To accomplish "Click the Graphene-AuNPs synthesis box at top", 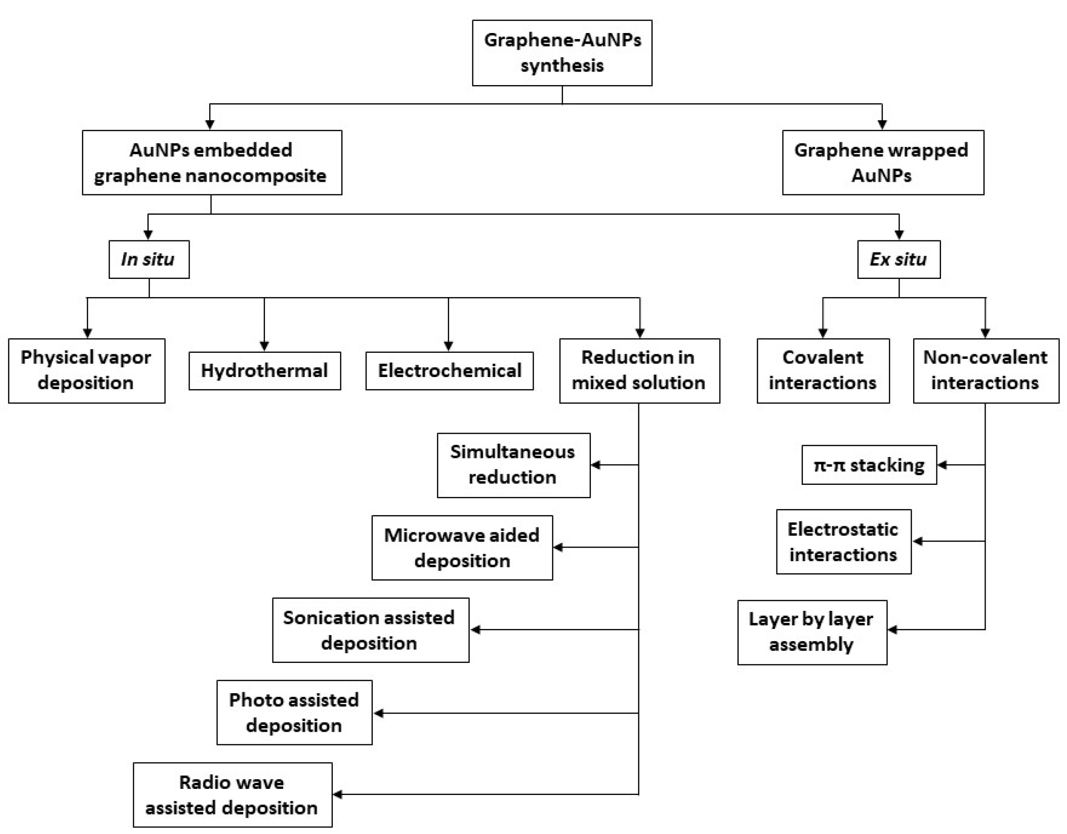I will pyautogui.click(x=562, y=53).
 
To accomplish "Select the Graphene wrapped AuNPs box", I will pyautogui.click(x=883, y=162).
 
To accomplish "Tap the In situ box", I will pyautogui.click(x=149, y=259).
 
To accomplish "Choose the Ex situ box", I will pyautogui.click(x=898, y=259).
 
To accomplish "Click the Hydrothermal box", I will pyautogui.click(x=264, y=371).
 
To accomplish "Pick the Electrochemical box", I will pyautogui.click(x=449, y=371).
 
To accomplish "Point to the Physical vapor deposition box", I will pyautogui.click(x=86, y=371).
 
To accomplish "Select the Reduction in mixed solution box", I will pyautogui.click(x=639, y=371).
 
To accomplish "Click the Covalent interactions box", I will pyautogui.click(x=823, y=371).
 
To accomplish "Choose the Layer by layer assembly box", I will pyautogui.click(x=812, y=632).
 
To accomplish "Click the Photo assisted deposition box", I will pyautogui.click(x=294, y=712).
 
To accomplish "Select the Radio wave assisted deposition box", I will pyautogui.click(x=232, y=795).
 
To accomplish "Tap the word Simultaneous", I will pyautogui.click(x=512, y=452).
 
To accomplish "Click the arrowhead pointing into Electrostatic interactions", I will pyautogui.click(x=917, y=541).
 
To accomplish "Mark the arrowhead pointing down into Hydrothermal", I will pyautogui.click(x=264, y=346).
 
